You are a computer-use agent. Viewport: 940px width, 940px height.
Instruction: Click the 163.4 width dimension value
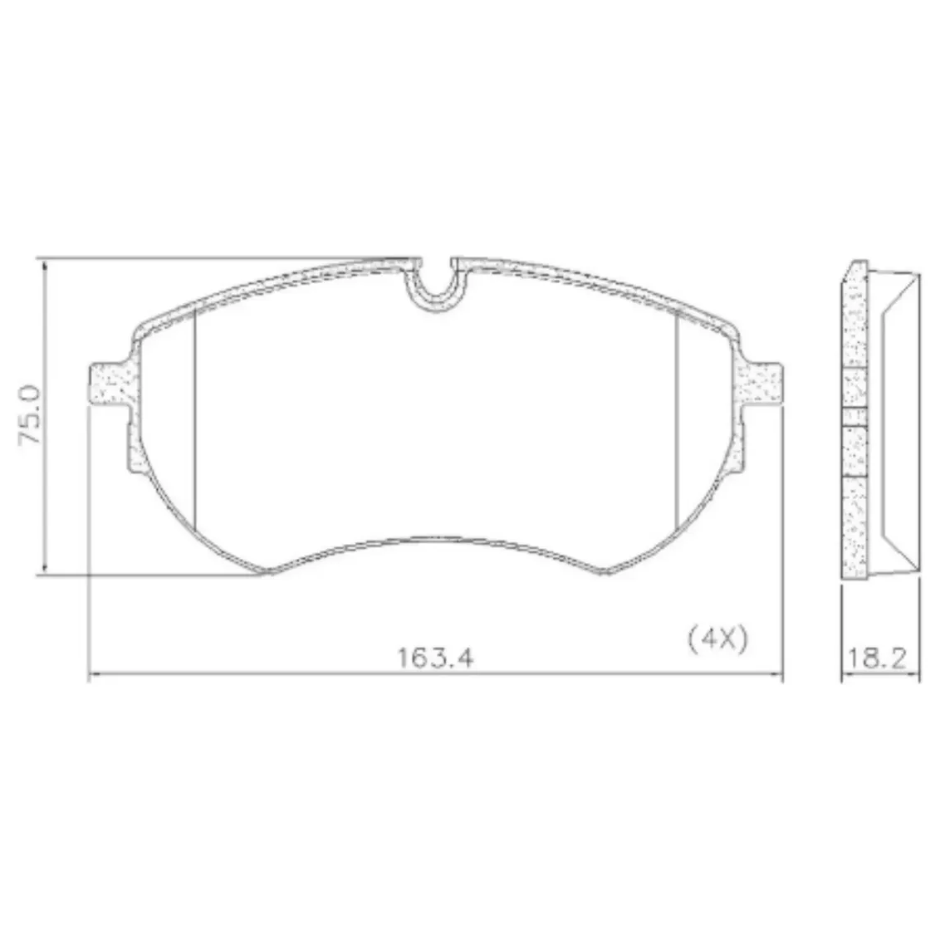[x=435, y=658]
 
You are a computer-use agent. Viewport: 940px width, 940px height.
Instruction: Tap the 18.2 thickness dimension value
[x=876, y=658]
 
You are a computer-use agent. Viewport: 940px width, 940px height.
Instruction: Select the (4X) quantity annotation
[x=718, y=639]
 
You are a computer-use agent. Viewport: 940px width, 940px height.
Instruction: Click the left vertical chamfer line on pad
[x=195, y=420]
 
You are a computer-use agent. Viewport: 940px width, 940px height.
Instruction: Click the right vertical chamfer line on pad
[x=676, y=420]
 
